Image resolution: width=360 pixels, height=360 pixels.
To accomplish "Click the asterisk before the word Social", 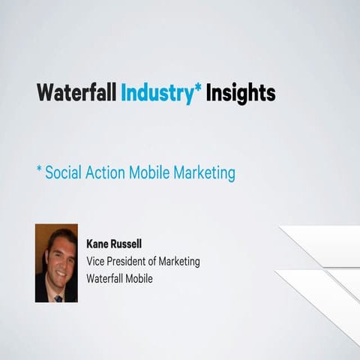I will pos(38,170).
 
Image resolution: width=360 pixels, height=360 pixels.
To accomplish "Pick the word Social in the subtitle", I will pos(63,172).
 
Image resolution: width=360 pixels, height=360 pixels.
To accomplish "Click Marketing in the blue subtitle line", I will pos(205,173).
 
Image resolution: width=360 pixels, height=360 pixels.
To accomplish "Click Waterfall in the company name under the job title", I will pos(109,278).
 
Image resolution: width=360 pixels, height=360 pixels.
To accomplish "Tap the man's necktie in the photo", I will pos(58,297).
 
